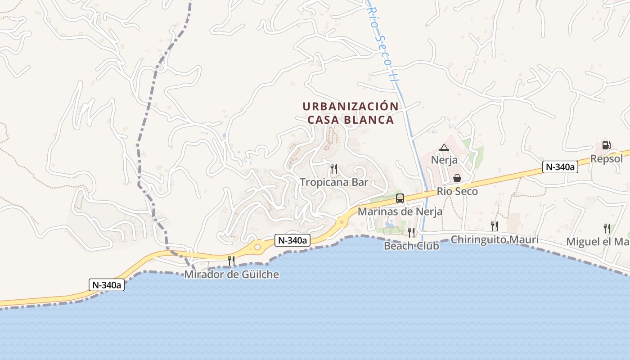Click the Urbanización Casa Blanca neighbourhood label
coord(350,113)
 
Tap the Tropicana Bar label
coord(334,182)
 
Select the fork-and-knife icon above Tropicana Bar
coord(334,169)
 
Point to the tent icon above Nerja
coord(444,147)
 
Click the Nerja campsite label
coord(444,160)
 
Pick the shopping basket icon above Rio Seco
coord(457,178)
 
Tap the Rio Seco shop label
coord(457,191)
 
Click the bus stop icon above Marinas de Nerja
coord(400,198)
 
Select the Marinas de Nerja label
coord(400,211)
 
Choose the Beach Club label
coord(411,246)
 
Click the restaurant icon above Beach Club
coord(411,232)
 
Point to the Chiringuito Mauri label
coord(495,239)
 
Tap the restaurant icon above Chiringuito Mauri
coord(495,226)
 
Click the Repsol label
coord(607,158)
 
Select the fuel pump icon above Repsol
coord(607,145)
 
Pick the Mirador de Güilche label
coord(232,274)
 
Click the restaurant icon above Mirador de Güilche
coord(231,261)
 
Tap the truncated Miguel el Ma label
coord(598,242)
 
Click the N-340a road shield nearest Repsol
coord(560,167)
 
